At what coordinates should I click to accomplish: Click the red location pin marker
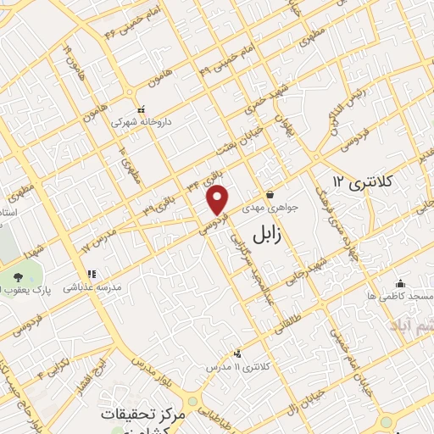click(218, 200)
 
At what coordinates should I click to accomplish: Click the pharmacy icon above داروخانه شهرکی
click(142, 109)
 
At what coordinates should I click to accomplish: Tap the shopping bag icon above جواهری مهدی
click(270, 194)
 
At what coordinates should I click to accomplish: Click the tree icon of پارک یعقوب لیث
click(19, 277)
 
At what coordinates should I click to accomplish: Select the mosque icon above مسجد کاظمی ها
click(400, 284)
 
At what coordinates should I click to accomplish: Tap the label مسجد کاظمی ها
click(400, 297)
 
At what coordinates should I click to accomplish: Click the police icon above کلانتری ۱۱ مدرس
click(236, 354)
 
